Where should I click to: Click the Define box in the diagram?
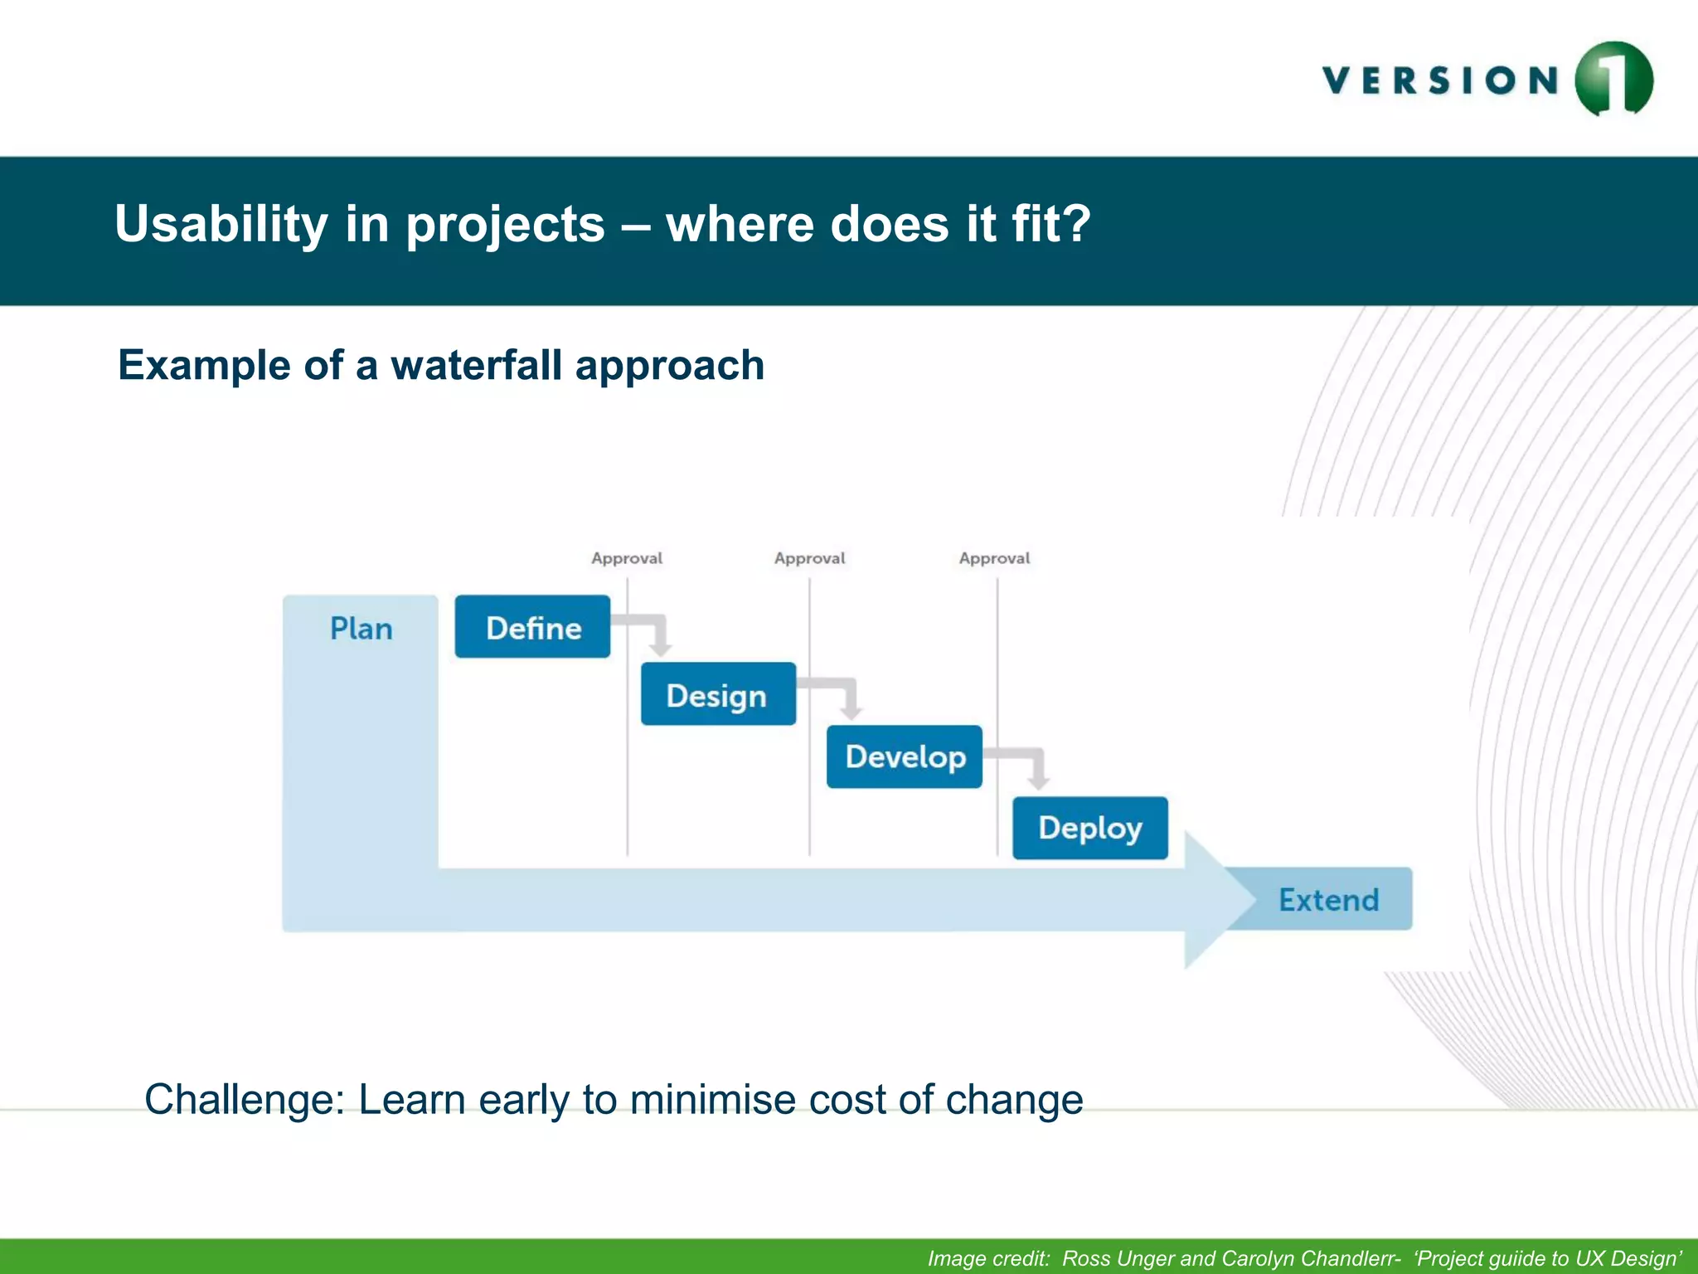532,627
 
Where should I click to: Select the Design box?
718,694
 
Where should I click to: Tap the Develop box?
904,756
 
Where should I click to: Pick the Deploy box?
1089,828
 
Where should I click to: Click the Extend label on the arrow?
1328,900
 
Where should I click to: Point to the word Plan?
361,629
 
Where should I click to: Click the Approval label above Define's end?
627,558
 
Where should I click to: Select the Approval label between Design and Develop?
810,558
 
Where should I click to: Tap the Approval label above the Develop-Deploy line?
994,558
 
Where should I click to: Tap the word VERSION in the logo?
1441,81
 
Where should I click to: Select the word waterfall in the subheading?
476,365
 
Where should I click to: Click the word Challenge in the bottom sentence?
244,1100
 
